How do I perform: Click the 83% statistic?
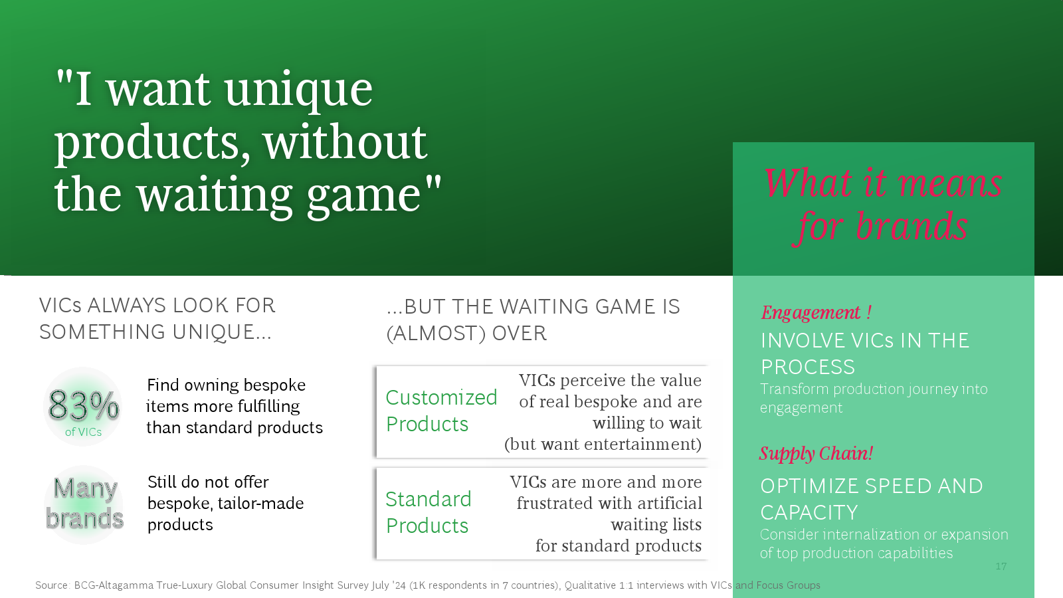pyautogui.click(x=83, y=405)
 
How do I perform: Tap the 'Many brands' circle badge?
pyautogui.click(x=84, y=504)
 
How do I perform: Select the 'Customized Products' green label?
pyautogui.click(x=441, y=411)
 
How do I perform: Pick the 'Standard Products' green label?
pyautogui.click(x=428, y=512)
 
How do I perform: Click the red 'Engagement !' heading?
pyautogui.click(x=816, y=312)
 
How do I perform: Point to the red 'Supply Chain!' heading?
pyautogui.click(x=816, y=453)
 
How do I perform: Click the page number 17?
pyautogui.click(x=1001, y=565)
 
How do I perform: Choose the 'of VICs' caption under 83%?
pyautogui.click(x=83, y=432)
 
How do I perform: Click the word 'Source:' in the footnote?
pyautogui.click(x=52, y=585)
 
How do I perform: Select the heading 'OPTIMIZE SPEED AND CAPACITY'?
pyautogui.click(x=871, y=499)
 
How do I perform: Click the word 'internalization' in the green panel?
pyautogui.click(x=870, y=535)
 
